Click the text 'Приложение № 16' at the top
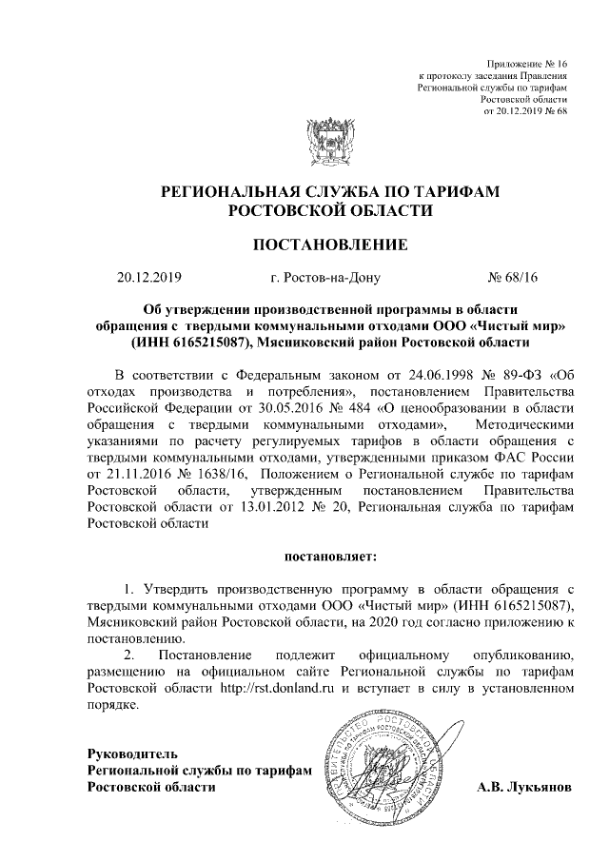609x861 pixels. (x=527, y=60)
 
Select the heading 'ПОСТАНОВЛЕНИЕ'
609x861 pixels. (x=330, y=245)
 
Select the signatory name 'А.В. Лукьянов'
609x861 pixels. (x=524, y=788)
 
